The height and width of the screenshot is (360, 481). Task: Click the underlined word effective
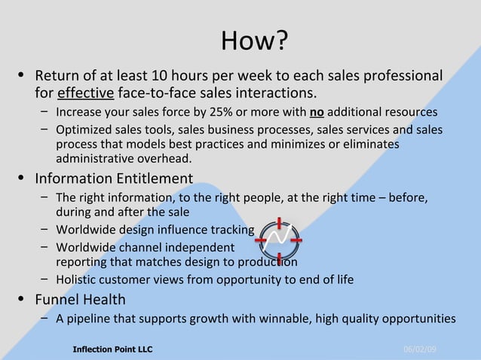(86, 93)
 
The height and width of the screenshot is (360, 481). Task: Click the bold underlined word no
(316, 113)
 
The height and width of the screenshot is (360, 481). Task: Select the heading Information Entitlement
(114, 178)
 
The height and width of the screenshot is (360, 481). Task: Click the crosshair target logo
(277, 241)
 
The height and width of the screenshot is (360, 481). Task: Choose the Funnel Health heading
(80, 300)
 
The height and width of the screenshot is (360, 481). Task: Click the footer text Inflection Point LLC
(112, 349)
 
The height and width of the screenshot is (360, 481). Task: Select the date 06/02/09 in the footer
(420, 349)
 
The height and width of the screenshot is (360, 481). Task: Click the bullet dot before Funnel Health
(22, 300)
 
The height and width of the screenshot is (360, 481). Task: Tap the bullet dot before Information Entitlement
(22, 178)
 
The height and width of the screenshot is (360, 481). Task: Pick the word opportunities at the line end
(418, 319)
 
